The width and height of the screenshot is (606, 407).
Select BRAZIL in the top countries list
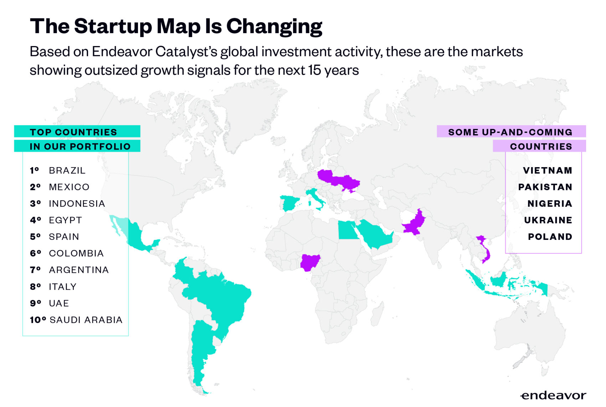(67, 170)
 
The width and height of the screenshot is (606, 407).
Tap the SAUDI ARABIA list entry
(86, 320)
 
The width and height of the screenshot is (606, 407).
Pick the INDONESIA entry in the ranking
(77, 203)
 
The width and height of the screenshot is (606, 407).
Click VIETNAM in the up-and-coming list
(547, 170)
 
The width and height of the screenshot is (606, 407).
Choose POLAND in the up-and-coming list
(550, 237)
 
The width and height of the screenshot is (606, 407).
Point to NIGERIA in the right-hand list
(549, 203)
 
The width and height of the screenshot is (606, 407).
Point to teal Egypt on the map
(347, 230)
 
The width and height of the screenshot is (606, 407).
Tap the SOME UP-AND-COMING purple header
(511, 132)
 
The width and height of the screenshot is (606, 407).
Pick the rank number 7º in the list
(35, 270)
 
